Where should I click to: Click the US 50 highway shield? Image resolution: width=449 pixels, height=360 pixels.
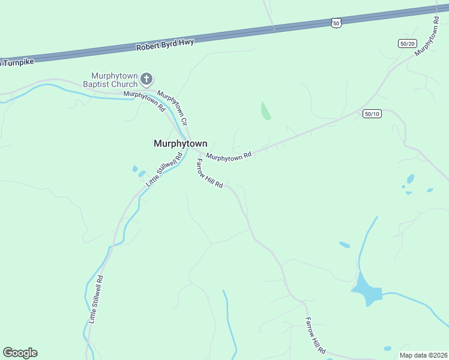click(x=336, y=23)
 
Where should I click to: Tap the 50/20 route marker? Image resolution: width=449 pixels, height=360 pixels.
click(x=407, y=43)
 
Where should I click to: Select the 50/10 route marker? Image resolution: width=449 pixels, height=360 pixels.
click(x=372, y=113)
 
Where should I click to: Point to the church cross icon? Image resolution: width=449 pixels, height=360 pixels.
click(x=146, y=79)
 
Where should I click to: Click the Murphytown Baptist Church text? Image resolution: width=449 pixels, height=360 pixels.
click(x=114, y=80)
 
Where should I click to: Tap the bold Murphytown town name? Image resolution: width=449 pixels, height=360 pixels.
click(x=180, y=143)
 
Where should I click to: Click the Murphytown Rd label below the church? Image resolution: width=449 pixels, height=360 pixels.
click(x=144, y=101)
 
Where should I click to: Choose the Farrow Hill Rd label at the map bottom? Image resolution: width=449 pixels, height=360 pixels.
click(x=315, y=335)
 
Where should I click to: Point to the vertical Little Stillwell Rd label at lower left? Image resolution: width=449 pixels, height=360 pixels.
click(x=96, y=300)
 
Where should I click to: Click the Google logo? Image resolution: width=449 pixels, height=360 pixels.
click(x=20, y=353)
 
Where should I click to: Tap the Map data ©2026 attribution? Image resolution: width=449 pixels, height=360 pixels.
click(x=423, y=355)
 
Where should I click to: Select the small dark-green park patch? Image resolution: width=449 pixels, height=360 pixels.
click(x=265, y=110)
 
